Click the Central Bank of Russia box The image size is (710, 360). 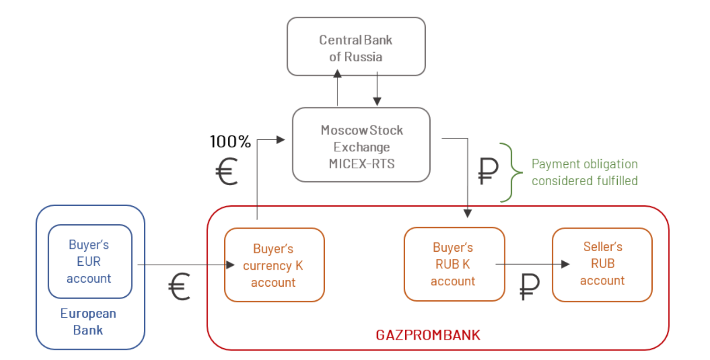pos(356,47)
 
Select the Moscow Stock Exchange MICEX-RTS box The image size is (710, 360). pos(361,146)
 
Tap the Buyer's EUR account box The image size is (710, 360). pos(90,261)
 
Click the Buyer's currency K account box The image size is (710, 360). pos(274,265)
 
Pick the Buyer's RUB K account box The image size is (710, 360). pos(454,264)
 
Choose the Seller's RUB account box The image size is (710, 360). pos(602,264)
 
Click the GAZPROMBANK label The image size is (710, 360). pos(428,335)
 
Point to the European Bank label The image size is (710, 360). pos(88,322)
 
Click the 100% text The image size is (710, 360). pos(230,142)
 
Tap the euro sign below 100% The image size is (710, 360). pos(226,172)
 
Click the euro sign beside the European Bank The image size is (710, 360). pos(179,287)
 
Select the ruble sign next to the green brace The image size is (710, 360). pos(488,171)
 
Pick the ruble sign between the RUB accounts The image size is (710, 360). pos(529,287)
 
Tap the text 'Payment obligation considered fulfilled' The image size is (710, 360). pos(584,172)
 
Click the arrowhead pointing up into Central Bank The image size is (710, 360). pos(337,74)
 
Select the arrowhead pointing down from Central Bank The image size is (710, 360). pos(377,101)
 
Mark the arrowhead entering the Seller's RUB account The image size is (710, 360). pos(565,264)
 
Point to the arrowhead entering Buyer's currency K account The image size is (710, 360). pos(230,265)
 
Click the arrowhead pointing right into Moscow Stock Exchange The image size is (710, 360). pos(280,140)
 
